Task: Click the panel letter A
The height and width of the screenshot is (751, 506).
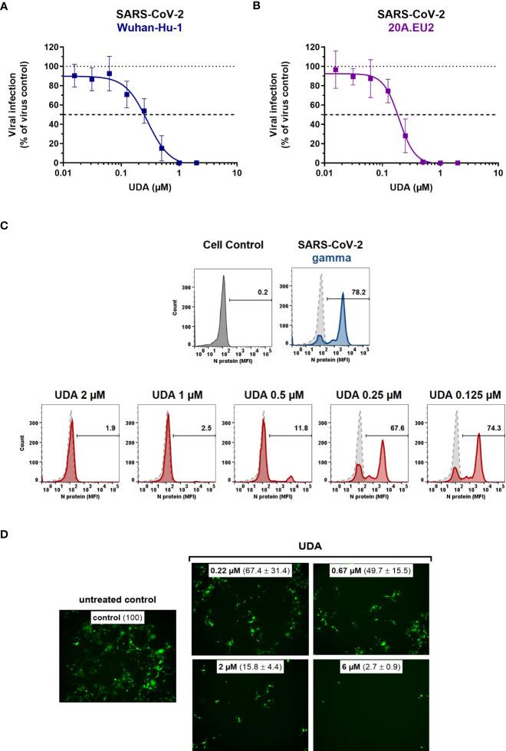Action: coord(6,7)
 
